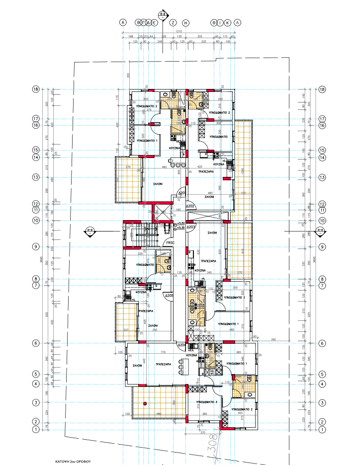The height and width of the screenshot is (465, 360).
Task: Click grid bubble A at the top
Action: [122, 23]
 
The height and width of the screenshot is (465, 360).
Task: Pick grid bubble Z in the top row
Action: [173, 23]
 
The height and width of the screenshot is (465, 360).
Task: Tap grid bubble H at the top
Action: [186, 23]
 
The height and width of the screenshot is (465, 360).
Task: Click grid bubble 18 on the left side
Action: [36, 89]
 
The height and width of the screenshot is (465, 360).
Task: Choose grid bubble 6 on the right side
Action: [322, 343]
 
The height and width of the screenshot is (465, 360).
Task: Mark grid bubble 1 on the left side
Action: [36, 429]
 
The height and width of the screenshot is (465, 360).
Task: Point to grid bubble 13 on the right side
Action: [322, 177]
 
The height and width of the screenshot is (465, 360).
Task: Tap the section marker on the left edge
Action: [90, 230]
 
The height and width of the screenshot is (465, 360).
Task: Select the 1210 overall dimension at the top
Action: [179, 32]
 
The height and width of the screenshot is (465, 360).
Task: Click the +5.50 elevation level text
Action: [182, 224]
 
